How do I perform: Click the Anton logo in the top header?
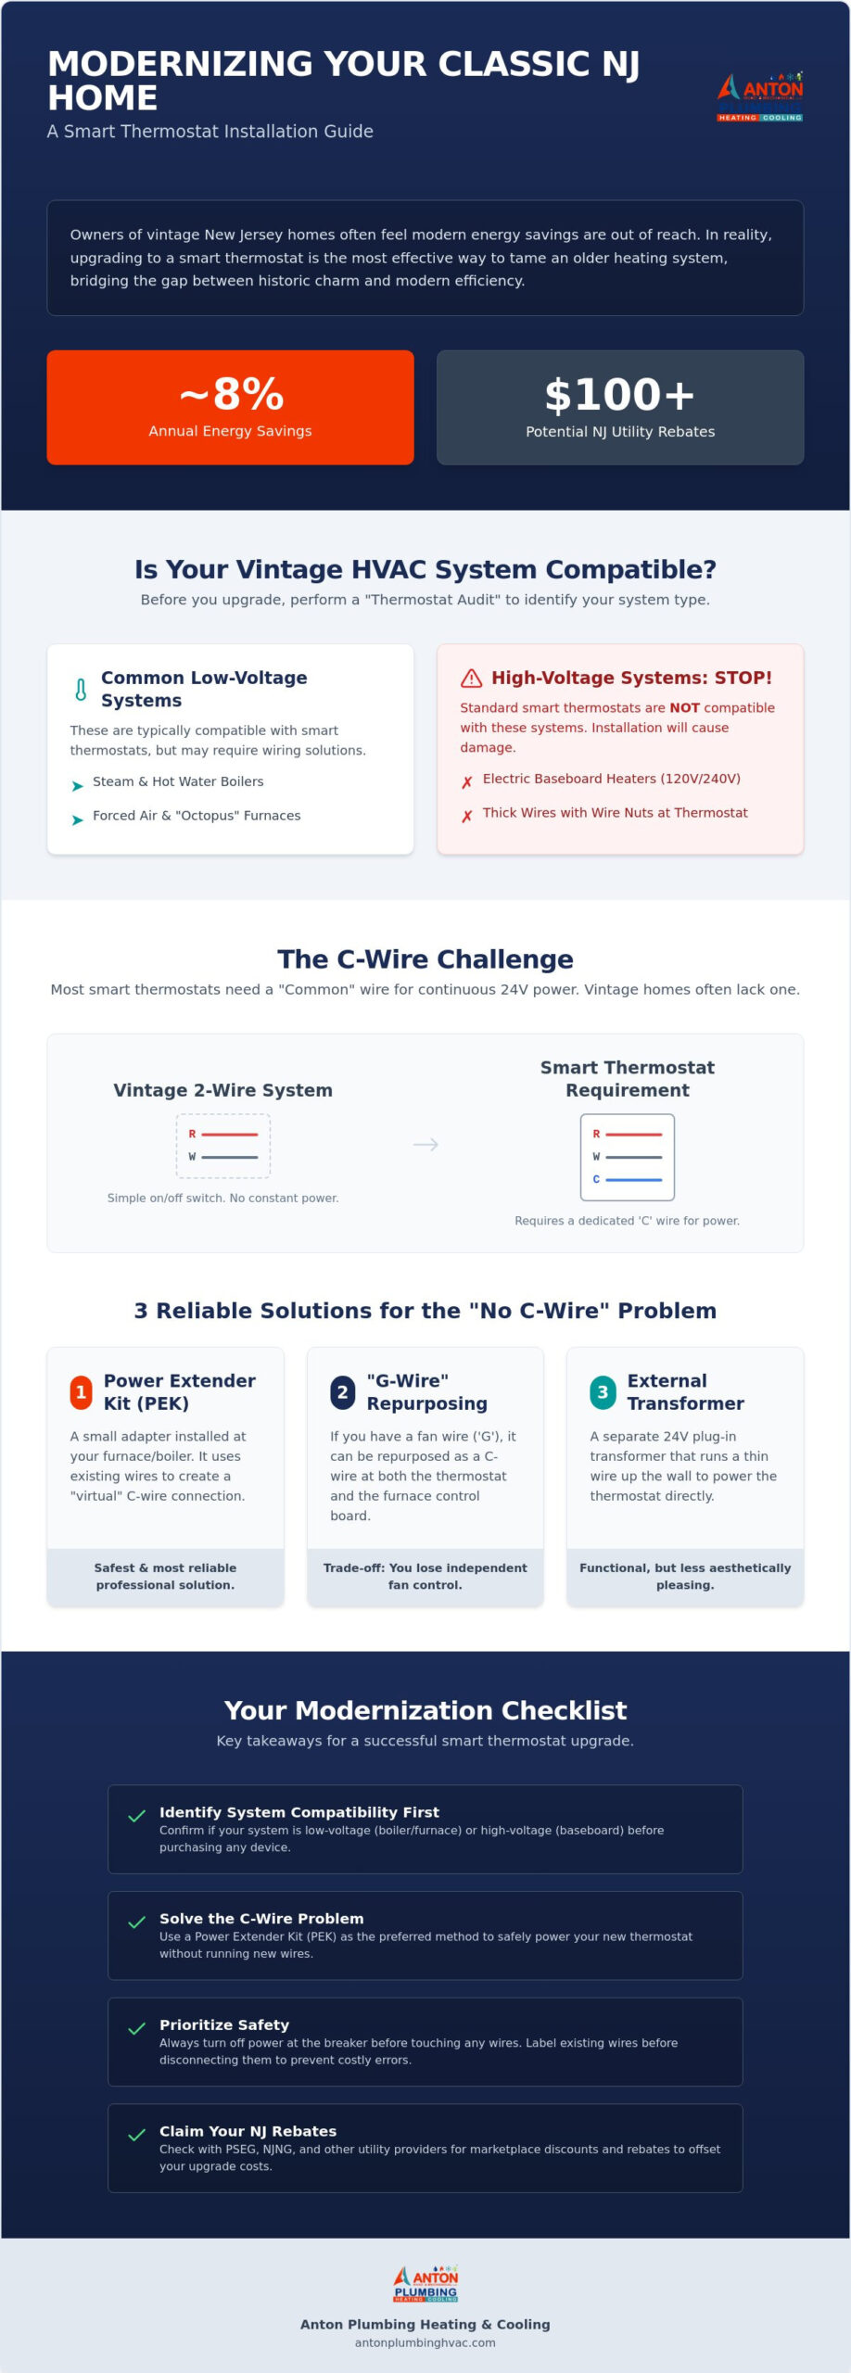pos(760,96)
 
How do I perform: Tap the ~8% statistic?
pos(231,394)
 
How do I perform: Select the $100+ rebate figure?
pos(620,395)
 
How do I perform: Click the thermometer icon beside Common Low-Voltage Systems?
pos(81,690)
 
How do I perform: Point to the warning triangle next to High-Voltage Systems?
pos(471,679)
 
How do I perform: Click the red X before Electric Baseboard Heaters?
pos(467,782)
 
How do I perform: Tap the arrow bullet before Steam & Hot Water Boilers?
pos(77,786)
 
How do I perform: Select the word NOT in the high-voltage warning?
pos(684,707)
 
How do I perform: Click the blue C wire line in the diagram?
pos(634,1179)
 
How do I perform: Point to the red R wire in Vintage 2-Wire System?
pos(230,1134)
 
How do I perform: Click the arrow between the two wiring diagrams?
pos(425,1145)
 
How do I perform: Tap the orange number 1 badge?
pos(82,1392)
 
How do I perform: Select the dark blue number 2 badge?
pos(342,1392)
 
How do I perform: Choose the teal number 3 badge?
pos(603,1392)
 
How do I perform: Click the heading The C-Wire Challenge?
pos(425,959)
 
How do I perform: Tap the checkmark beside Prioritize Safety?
pos(136,2028)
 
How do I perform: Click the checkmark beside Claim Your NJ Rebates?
pos(136,2135)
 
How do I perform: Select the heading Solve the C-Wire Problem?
pos(261,1918)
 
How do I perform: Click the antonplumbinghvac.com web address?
pos(425,2342)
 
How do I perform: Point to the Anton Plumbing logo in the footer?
pos(425,2284)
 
